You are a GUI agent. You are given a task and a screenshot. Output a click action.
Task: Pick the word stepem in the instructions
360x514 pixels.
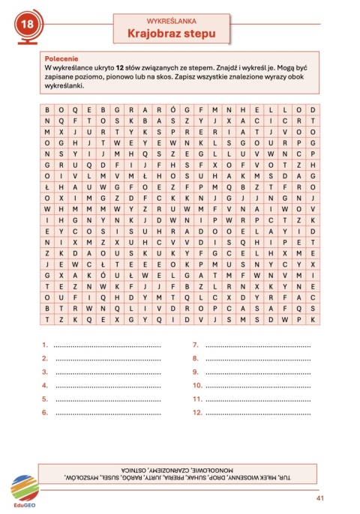point(198,67)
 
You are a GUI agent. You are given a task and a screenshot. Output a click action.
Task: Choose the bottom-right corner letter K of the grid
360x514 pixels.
point(311,318)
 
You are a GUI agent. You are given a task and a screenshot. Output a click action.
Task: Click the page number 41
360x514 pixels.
point(320,499)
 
